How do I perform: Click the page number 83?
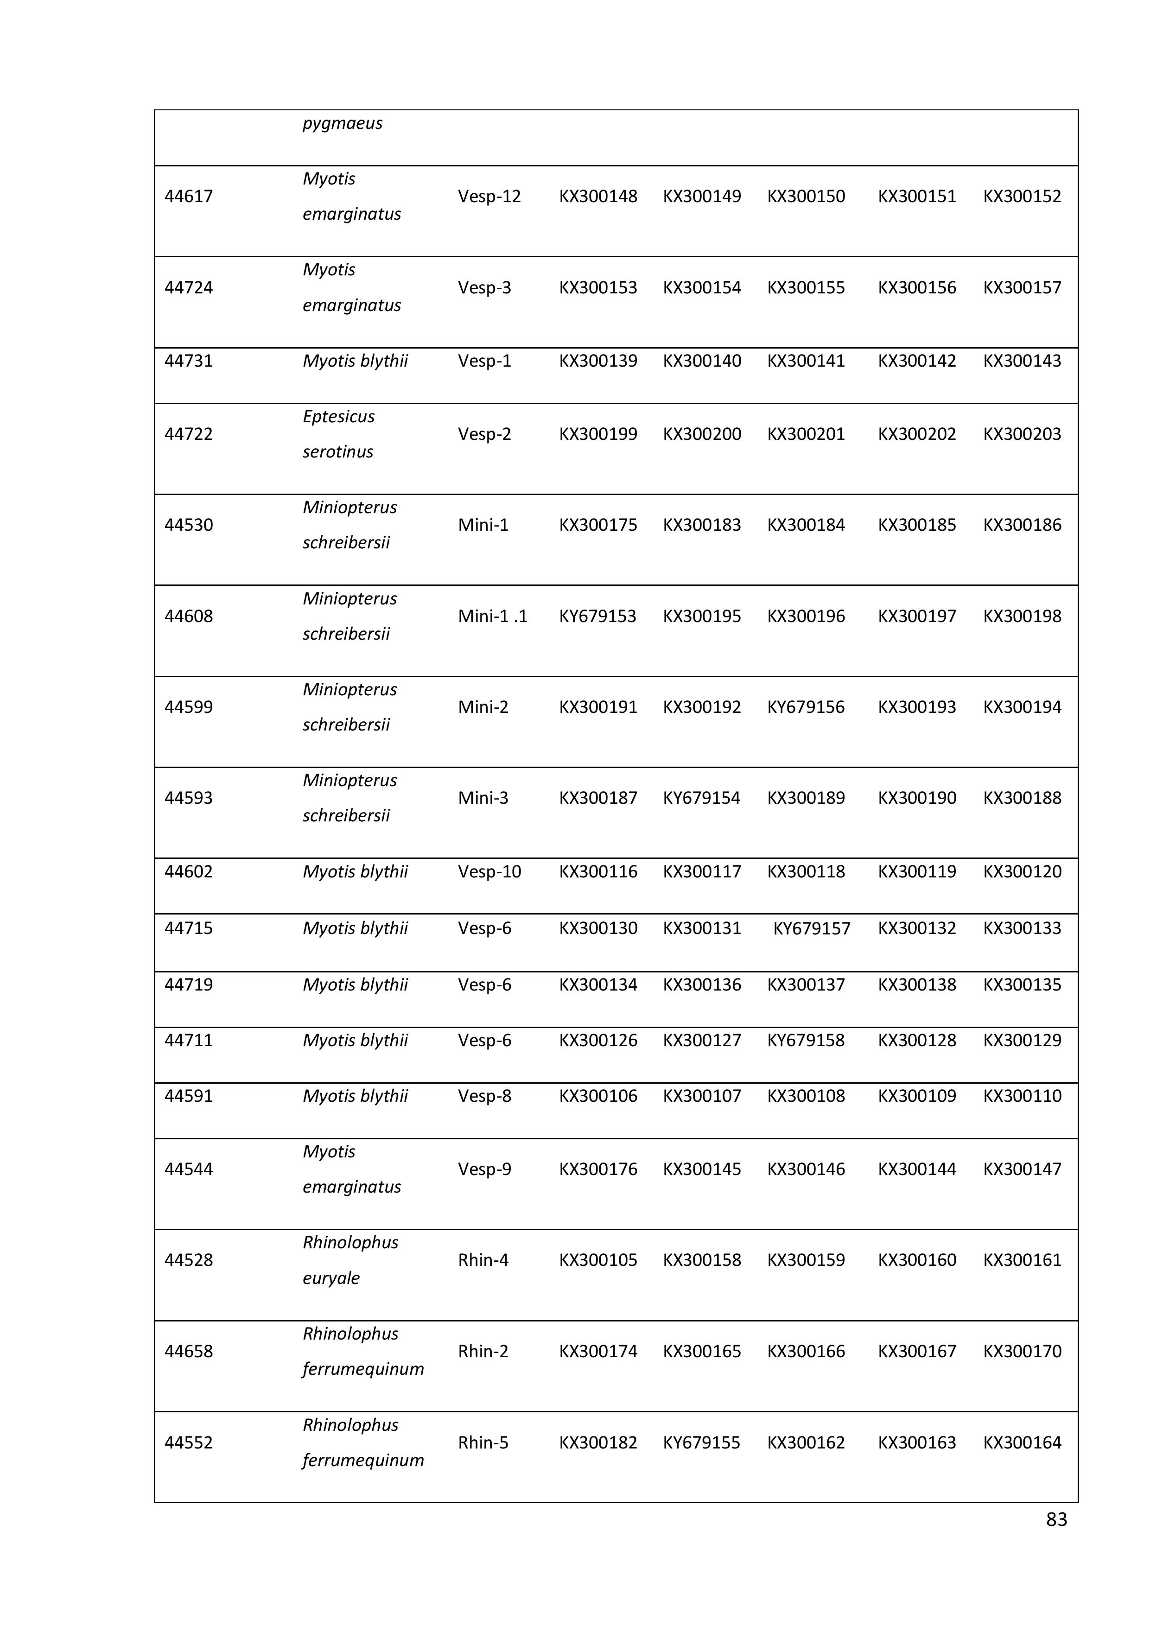(x=1056, y=1519)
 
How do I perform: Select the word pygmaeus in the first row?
(x=342, y=123)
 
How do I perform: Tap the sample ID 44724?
(x=188, y=287)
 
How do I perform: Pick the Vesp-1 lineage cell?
(x=484, y=361)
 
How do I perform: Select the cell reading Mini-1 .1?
(x=492, y=616)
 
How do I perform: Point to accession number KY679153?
(x=597, y=616)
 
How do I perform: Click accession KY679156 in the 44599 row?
(x=806, y=707)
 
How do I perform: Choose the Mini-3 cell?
(x=483, y=798)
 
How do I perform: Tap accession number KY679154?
(x=701, y=798)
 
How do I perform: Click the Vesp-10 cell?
(x=489, y=872)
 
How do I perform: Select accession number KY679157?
(x=812, y=928)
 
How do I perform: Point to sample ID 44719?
(x=188, y=985)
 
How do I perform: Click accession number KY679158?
(x=806, y=1040)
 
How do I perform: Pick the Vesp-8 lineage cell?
(x=484, y=1096)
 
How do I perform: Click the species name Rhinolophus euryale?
(x=350, y=1260)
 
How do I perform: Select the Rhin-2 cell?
(x=483, y=1351)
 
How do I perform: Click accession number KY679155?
(x=701, y=1442)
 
